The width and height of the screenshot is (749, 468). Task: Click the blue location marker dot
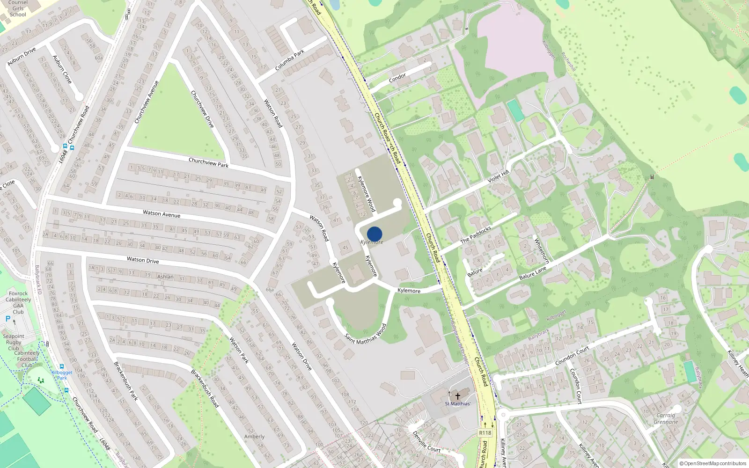point(374,234)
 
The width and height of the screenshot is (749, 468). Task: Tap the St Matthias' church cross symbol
point(457,396)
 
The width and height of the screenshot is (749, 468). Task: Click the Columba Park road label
point(290,60)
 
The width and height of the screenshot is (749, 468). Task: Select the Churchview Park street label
point(208,162)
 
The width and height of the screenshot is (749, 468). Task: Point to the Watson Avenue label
point(162,213)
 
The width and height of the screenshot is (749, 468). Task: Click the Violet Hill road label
point(498,177)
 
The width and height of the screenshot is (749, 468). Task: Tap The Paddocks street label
point(476,235)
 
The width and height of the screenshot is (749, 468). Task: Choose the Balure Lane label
point(533,273)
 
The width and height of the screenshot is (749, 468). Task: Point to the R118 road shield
point(485,433)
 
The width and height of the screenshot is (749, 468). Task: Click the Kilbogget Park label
point(62,375)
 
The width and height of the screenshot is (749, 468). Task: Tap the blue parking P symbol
point(7,319)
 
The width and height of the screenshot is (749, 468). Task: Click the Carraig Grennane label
point(666,418)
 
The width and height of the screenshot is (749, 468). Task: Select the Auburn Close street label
point(62,69)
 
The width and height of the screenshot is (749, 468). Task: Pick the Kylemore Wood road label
point(367,194)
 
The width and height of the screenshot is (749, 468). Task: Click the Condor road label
point(397,78)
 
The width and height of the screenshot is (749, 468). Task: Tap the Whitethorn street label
point(541,251)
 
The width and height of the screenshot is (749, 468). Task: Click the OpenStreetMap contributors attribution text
point(713,463)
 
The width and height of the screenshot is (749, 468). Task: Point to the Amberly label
point(254,436)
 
